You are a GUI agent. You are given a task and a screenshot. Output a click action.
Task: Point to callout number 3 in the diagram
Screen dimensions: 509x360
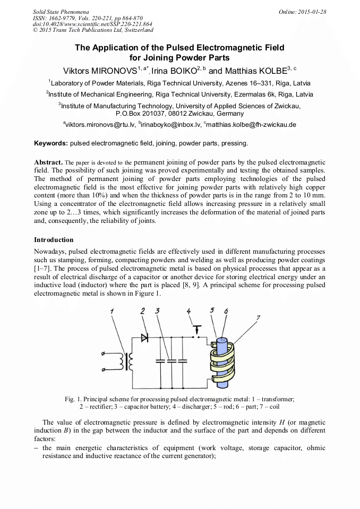pos(157,310)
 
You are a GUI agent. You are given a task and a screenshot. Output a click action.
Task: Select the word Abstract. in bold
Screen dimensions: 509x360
pos(49,161)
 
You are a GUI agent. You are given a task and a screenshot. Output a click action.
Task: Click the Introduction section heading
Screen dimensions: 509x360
pos(54,240)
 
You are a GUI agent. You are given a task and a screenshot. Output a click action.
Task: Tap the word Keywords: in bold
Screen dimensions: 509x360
pos(51,143)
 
